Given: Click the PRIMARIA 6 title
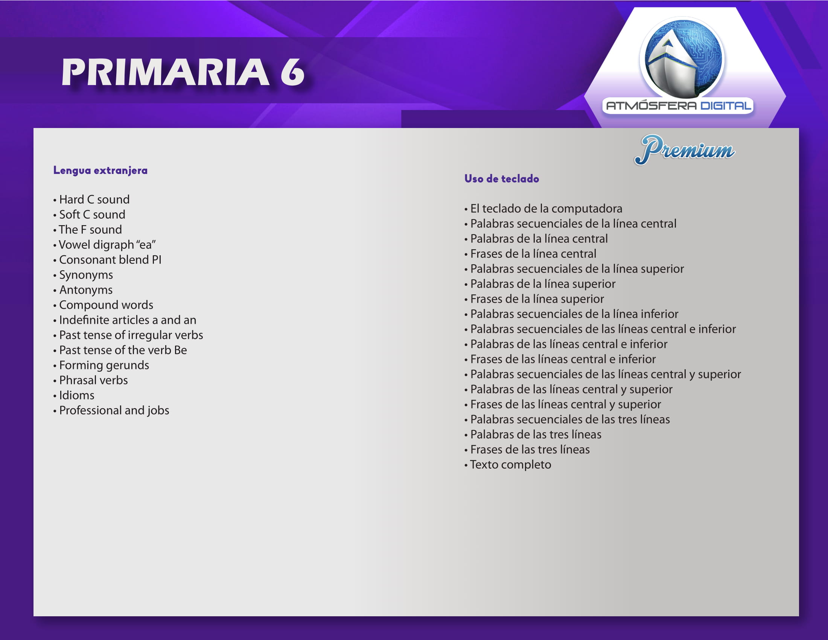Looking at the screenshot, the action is coord(183,72).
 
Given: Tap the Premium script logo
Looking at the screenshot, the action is coord(685,150).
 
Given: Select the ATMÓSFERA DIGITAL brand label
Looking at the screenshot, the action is coord(678,106).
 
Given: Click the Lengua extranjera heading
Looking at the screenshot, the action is coord(100,170).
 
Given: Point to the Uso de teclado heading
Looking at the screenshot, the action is coord(502,178).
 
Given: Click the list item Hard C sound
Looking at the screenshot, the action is coord(94,200).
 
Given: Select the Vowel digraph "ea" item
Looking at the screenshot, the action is coord(107,245).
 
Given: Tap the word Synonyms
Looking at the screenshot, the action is coord(86,275).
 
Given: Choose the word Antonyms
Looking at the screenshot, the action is coord(86,290).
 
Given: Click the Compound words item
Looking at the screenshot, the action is coord(106,305).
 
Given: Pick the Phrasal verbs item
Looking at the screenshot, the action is coord(94,380).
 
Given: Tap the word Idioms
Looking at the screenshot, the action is coord(77,395).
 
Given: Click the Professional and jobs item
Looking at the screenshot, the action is coord(114,410).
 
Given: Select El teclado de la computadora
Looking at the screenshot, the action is coord(546,209).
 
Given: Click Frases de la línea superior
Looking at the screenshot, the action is coord(537,299).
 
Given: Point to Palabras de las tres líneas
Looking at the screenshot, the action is coord(536,434).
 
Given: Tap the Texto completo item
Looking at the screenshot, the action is coord(511,465).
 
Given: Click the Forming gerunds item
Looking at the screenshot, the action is coord(104,365).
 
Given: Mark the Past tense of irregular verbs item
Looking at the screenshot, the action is coord(131,335).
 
